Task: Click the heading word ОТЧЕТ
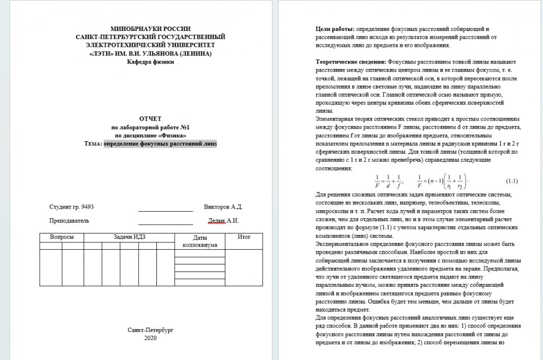point(150,118)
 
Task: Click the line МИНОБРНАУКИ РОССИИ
point(150,29)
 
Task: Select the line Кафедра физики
point(150,62)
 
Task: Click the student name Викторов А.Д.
point(223,207)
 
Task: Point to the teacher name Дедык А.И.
point(224,220)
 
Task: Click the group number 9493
point(87,207)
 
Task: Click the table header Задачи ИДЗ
point(126,237)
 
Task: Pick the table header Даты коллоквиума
point(198,241)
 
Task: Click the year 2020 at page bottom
point(150,338)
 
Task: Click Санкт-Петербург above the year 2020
point(150,330)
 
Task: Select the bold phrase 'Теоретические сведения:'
point(351,62)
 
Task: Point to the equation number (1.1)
point(512,180)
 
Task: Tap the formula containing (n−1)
point(442,181)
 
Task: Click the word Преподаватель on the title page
point(69,220)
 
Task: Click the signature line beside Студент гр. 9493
point(166,210)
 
